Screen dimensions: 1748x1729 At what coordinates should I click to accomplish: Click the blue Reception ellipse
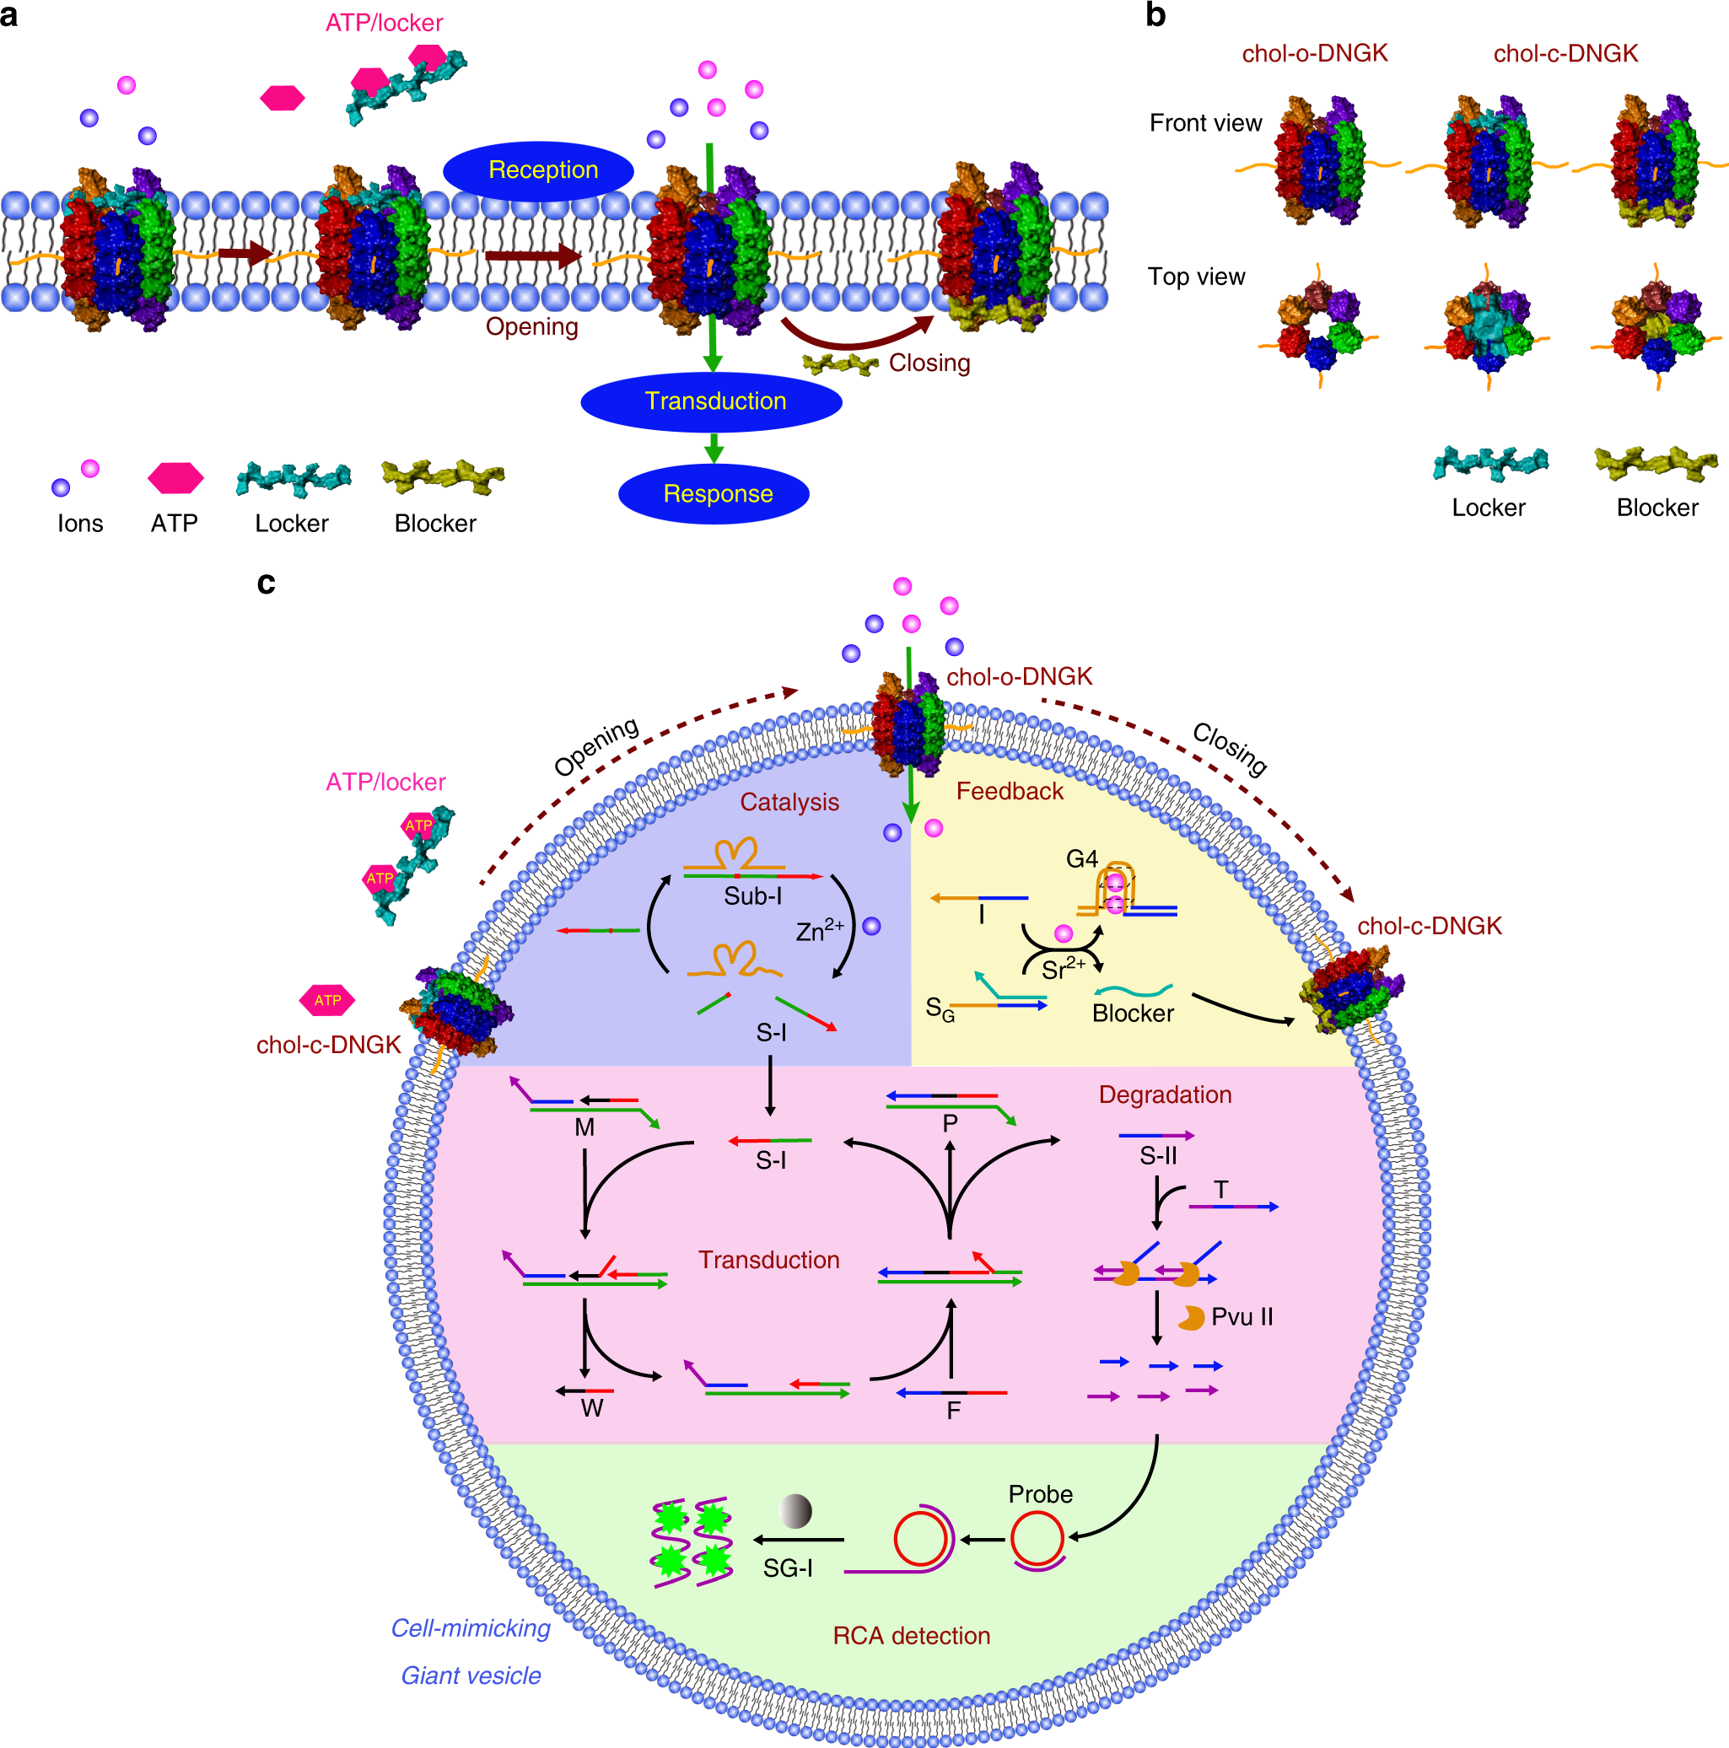point(538,170)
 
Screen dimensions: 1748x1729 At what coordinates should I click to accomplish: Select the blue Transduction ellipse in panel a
point(711,401)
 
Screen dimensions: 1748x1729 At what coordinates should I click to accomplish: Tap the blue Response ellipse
point(713,493)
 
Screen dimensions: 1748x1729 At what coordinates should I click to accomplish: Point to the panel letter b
point(1155,16)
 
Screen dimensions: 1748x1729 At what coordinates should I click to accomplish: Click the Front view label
point(1205,123)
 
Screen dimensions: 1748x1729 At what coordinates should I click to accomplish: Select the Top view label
point(1196,277)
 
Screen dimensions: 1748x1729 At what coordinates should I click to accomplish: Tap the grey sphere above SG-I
point(795,1510)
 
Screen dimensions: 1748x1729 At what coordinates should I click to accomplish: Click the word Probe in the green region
point(1041,1493)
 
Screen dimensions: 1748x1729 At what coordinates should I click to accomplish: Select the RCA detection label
point(911,1636)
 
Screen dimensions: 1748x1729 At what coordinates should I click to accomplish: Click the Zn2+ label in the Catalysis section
point(819,931)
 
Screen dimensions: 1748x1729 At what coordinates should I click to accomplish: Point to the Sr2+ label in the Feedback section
point(1062,969)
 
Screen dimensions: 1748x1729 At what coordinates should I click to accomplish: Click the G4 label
point(1081,858)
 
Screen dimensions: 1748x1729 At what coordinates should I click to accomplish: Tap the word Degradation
point(1165,1095)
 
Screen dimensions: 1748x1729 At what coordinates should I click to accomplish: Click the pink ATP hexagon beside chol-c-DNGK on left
point(326,1000)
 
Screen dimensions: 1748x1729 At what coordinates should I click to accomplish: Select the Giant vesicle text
point(471,1675)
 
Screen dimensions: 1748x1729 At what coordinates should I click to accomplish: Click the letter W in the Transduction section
point(592,1408)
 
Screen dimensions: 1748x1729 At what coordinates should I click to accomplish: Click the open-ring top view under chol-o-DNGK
point(1318,325)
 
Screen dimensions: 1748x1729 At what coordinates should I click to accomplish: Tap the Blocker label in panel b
point(1656,508)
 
